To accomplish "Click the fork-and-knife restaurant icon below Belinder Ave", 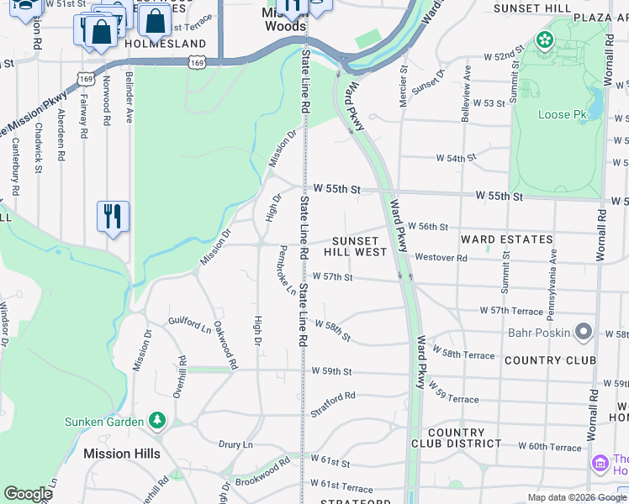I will tap(113, 217).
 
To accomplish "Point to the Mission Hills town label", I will tap(122, 454).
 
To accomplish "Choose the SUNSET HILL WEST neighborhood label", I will tap(359, 245).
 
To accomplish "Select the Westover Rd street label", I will tap(441, 258).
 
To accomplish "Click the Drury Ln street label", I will tap(235, 444).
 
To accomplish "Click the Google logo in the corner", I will tap(28, 494).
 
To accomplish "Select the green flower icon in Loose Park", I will tap(545, 39).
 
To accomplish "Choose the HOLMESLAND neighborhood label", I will tap(165, 43).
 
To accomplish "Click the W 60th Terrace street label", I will tap(550, 447).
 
